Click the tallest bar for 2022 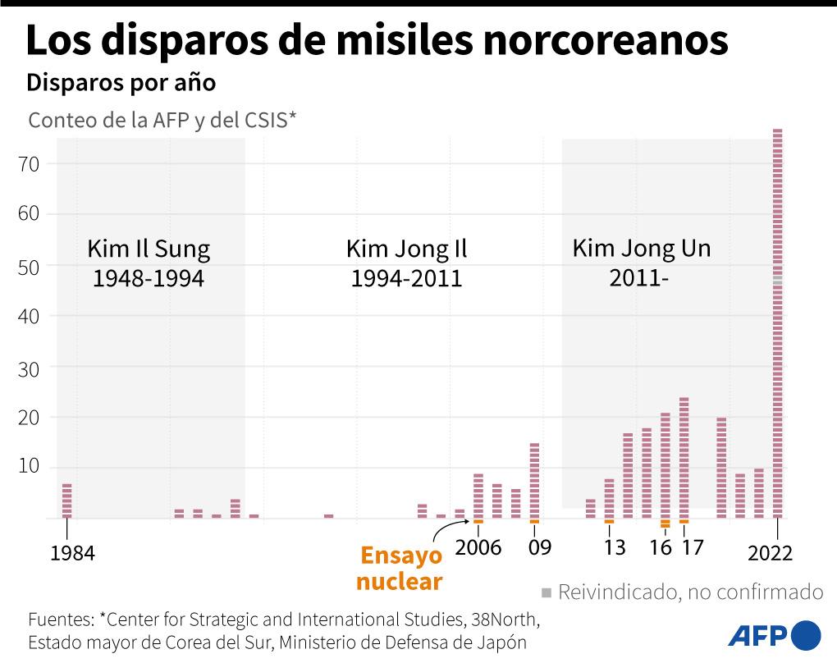pos(777,323)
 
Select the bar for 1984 pos(66,501)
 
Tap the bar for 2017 pos(684,458)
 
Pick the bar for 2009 pos(534,481)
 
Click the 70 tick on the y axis pos(40,164)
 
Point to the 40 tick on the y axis pos(40,316)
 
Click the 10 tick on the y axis pos(40,468)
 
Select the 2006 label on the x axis pos(478,548)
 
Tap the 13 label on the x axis pos(615,548)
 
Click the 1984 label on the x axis pos(72,554)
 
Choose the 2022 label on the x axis pos(770,554)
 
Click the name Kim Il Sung pos(148,249)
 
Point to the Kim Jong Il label pos(406,249)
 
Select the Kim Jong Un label pos(641,248)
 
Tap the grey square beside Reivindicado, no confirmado pos(547,592)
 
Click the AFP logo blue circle pos(805,635)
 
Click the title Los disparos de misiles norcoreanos pos(377,41)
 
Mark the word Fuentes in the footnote pos(60,618)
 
